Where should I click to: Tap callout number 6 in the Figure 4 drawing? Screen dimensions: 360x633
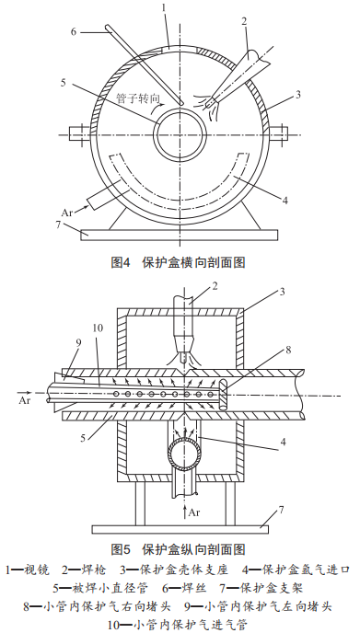pyautogui.click(x=74, y=32)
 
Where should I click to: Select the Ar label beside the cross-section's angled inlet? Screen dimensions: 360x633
pyautogui.click(x=67, y=213)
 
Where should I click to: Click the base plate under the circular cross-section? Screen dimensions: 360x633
pyautogui.click(x=179, y=235)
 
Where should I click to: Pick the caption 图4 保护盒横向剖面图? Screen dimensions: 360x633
pyautogui.click(x=179, y=262)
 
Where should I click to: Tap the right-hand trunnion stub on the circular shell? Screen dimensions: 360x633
pyautogui.click(x=279, y=132)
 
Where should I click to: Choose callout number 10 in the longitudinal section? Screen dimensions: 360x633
pyautogui.click(x=98, y=328)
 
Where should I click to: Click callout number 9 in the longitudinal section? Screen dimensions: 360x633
pyautogui.click(x=78, y=343)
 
